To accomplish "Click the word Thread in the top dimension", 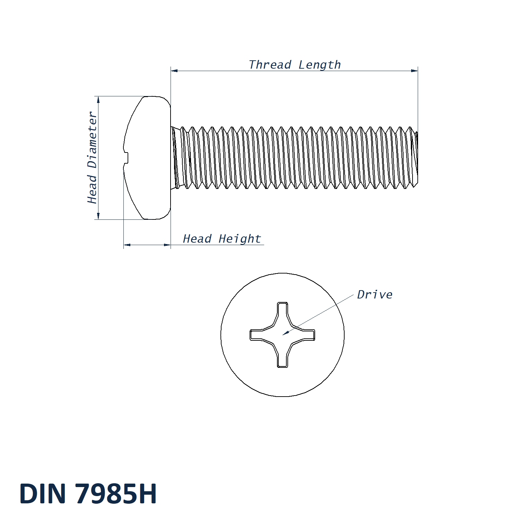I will click(270, 65).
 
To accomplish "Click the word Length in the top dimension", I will click(320, 65).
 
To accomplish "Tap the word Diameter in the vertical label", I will click(92, 140).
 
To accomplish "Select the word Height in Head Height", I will click(240, 239).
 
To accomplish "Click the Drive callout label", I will click(375, 295).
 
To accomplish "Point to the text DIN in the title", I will click(43, 493).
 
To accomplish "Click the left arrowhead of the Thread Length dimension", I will click(174, 71).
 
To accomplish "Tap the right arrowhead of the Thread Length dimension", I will click(415, 71).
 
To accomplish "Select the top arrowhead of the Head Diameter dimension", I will click(98, 99).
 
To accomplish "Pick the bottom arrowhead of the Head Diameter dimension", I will click(98, 216).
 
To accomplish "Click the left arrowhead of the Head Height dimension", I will click(127, 245).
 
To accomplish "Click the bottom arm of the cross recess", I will click(283, 360).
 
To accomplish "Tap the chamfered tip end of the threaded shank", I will click(416, 158).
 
